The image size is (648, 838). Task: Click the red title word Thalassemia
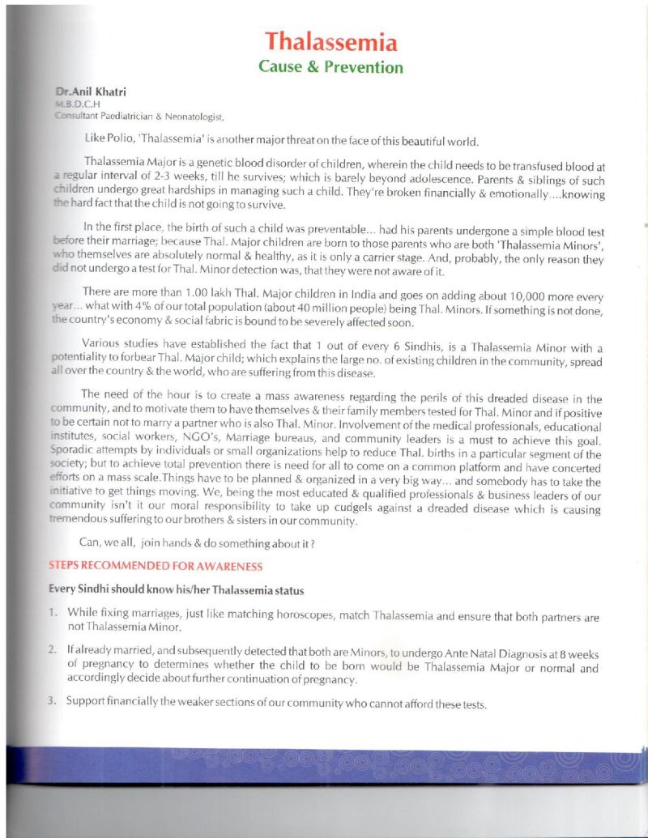[331, 41]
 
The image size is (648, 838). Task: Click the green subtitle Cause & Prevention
[330, 66]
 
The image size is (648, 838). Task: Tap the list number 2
[52, 650]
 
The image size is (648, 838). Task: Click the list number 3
[52, 700]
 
